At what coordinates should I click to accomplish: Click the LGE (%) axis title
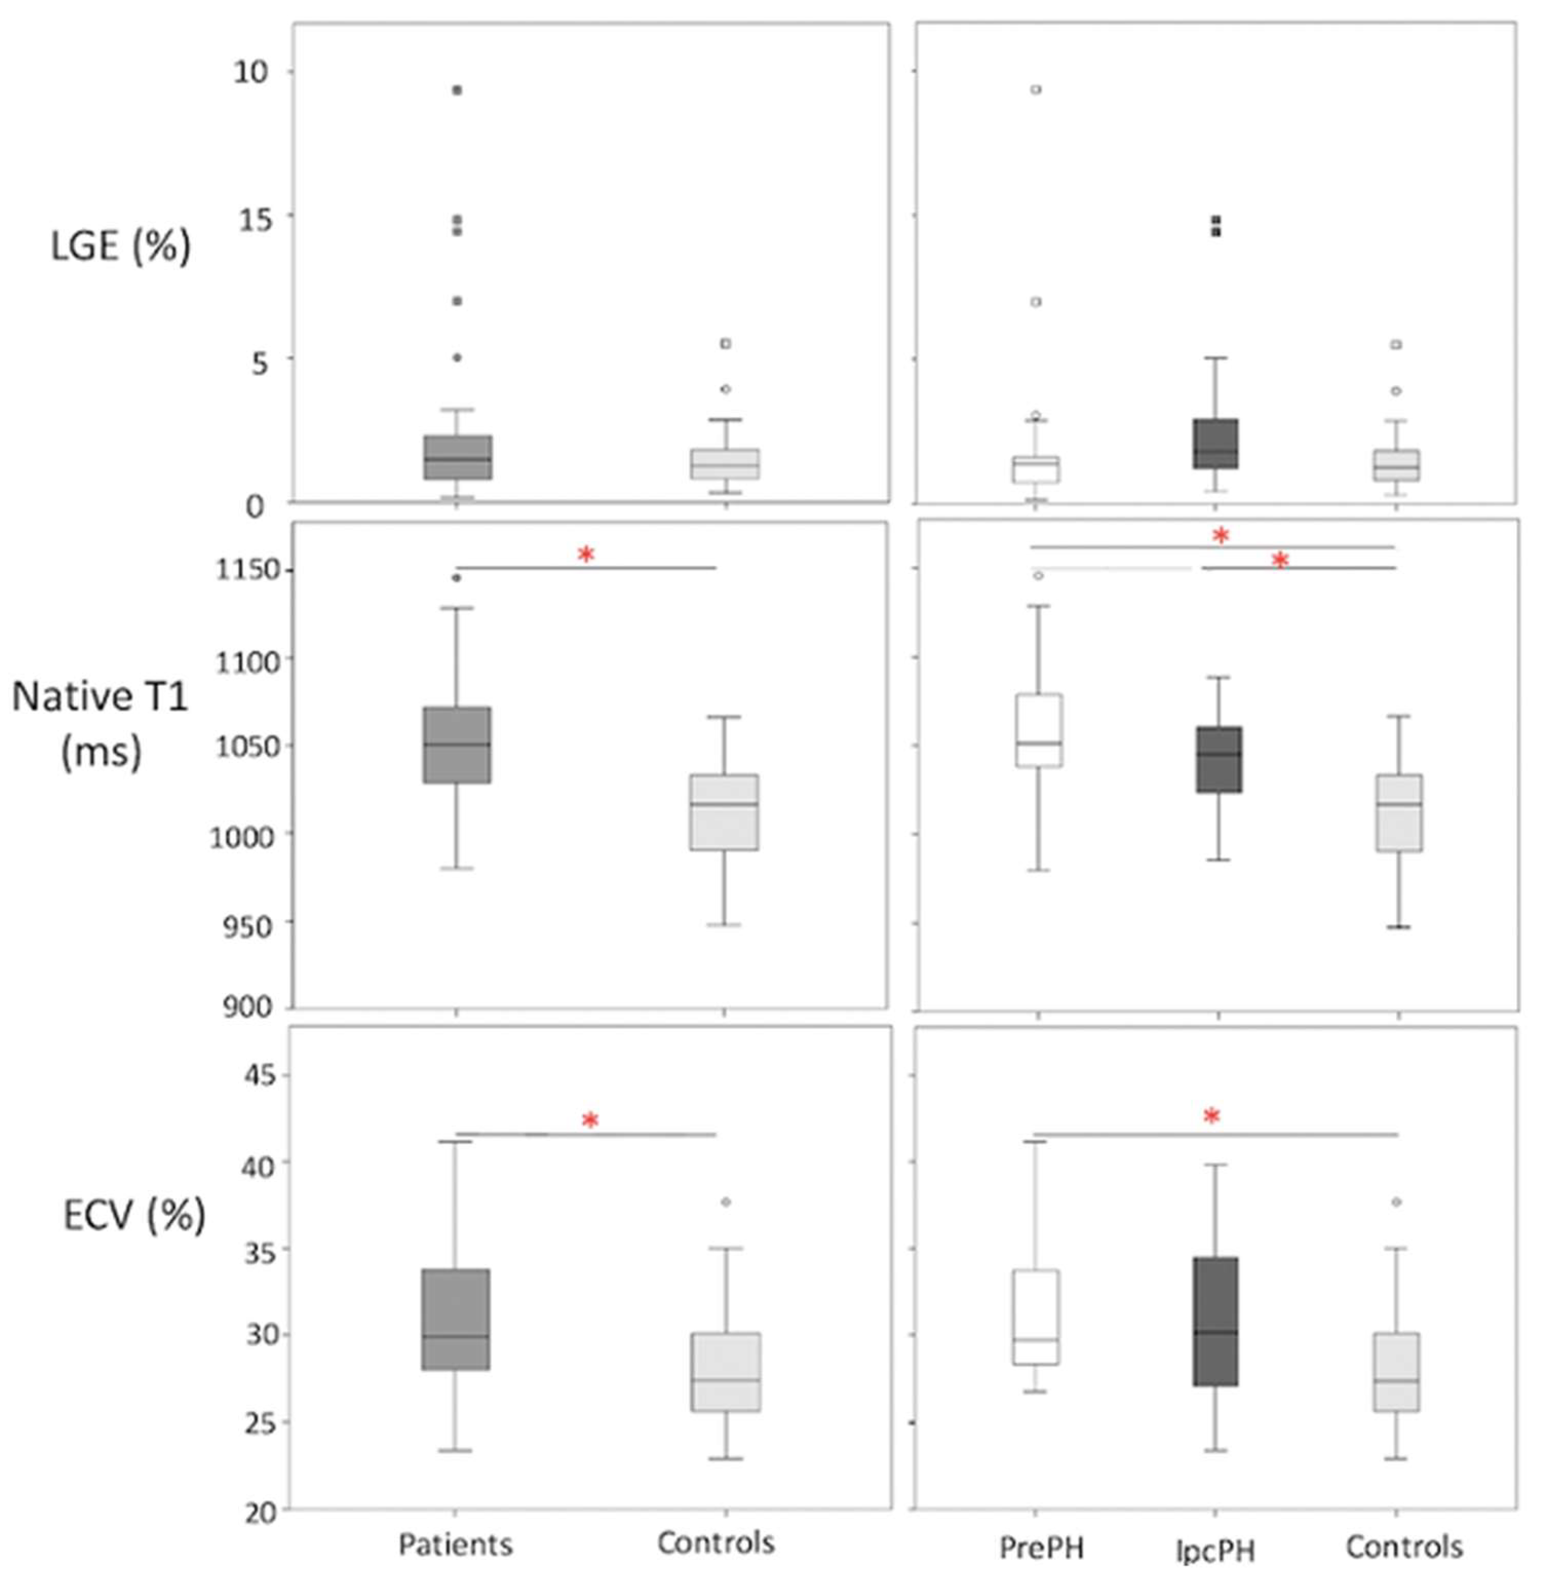120,245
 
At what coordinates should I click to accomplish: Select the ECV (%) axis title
134,1214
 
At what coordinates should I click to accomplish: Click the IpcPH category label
1215,1550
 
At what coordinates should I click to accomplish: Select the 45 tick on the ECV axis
259,1076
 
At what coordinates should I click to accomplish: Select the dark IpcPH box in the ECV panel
1215,1322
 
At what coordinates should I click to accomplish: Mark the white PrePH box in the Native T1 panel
1039,729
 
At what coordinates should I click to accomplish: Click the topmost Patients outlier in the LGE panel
456,90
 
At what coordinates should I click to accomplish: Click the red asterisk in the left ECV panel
590,1121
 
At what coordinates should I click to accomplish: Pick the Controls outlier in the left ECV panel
725,1202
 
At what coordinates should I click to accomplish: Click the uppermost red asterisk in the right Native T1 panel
1220,535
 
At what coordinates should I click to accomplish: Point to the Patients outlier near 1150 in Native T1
456,578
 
